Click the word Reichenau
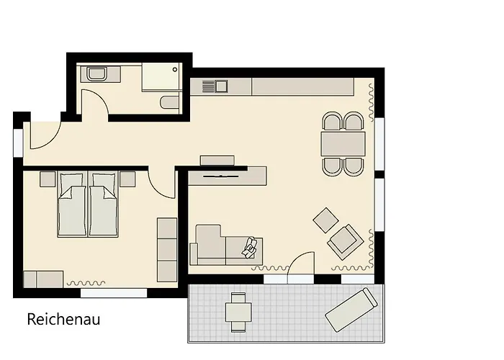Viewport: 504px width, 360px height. point(63,319)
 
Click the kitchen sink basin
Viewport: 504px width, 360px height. point(221,86)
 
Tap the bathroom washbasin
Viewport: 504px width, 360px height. point(96,74)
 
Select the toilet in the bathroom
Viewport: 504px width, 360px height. point(169,102)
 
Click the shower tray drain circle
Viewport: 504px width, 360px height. point(175,69)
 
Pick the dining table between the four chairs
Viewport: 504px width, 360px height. point(343,144)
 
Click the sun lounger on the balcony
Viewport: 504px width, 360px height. point(351,310)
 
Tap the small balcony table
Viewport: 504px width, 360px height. point(238,312)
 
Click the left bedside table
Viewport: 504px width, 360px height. point(48,179)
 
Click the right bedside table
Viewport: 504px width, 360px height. point(127,179)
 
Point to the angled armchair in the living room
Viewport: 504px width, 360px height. point(346,242)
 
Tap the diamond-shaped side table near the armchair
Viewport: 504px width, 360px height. point(325,220)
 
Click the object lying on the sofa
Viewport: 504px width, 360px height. point(249,248)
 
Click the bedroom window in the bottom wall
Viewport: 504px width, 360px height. point(114,293)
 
